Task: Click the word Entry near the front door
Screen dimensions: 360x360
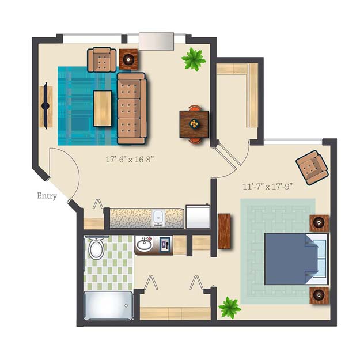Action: (x=47, y=196)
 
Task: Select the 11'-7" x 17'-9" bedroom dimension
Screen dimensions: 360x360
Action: (x=268, y=187)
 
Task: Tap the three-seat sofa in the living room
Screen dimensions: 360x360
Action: (x=131, y=108)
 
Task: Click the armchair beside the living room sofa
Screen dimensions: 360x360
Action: (x=101, y=59)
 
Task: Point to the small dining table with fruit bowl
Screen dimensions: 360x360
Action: (x=194, y=123)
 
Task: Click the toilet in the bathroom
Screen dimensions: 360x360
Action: (x=97, y=248)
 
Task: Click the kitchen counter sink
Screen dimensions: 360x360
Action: (x=159, y=218)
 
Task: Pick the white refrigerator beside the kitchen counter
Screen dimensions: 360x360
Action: (x=197, y=217)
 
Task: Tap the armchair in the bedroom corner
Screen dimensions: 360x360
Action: (x=312, y=167)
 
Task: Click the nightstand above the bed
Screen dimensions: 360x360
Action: (x=319, y=222)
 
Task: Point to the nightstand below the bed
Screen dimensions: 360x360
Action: (x=319, y=295)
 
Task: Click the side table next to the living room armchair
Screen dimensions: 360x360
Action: (x=128, y=59)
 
